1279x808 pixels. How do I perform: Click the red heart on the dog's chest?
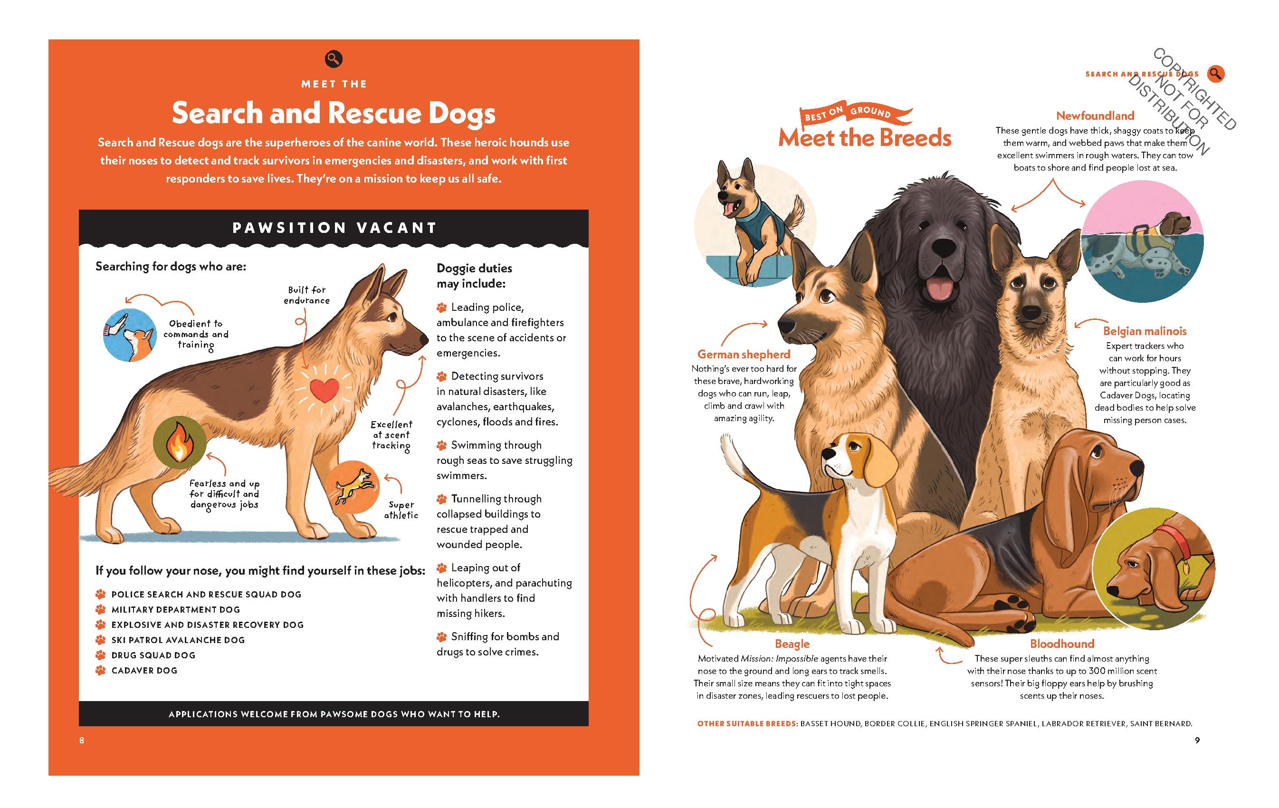point(324,389)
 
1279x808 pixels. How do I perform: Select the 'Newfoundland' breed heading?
point(1095,116)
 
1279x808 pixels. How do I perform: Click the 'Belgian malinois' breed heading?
point(1144,331)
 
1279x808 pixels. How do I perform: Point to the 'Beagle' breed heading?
point(792,644)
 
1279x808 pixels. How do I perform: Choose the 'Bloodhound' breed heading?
point(1062,644)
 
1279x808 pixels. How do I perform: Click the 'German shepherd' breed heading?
point(744,354)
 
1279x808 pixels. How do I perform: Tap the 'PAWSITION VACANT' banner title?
point(334,228)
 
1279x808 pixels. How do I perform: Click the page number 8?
point(82,740)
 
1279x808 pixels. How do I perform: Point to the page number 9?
point(1197,740)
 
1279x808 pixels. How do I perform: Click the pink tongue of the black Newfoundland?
point(940,289)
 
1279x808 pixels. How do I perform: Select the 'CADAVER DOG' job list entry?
point(144,671)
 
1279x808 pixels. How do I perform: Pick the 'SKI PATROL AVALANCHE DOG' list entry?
point(178,640)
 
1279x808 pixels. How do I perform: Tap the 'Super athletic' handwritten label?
point(401,510)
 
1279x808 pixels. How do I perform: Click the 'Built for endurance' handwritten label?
point(306,295)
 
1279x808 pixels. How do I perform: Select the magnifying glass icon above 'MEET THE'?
point(334,59)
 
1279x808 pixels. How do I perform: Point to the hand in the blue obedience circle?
point(117,325)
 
